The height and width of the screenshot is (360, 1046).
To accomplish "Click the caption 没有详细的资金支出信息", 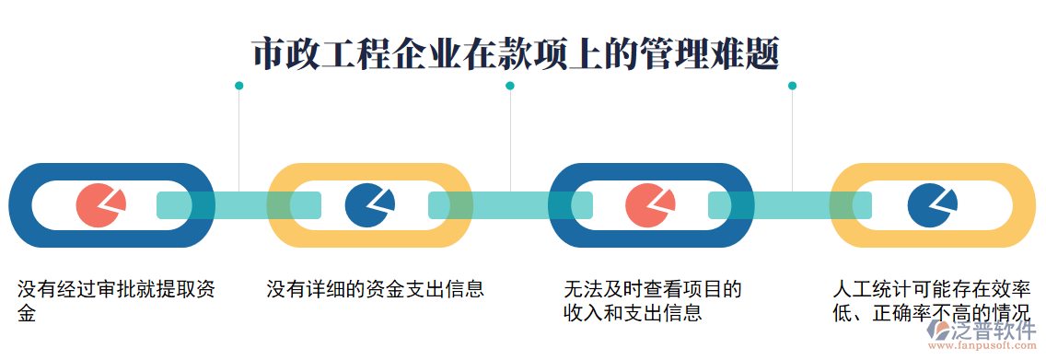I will click(x=375, y=289).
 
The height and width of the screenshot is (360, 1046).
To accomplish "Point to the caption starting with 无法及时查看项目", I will click(x=652, y=301).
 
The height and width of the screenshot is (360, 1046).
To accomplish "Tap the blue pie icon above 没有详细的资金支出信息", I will click(x=369, y=204).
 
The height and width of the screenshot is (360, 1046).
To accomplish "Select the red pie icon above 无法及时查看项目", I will click(x=650, y=204).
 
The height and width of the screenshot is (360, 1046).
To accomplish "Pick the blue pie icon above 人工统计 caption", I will click(x=931, y=204).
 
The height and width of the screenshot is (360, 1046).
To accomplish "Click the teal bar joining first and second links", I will click(x=238, y=204).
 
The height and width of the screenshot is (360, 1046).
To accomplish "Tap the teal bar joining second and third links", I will click(x=510, y=204).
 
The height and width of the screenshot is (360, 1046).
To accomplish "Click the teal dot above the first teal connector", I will click(x=238, y=86).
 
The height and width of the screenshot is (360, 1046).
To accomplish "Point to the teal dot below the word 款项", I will click(x=510, y=86).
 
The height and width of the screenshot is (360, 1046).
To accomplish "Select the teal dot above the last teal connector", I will click(x=792, y=86).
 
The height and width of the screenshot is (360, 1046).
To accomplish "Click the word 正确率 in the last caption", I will click(x=901, y=313).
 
